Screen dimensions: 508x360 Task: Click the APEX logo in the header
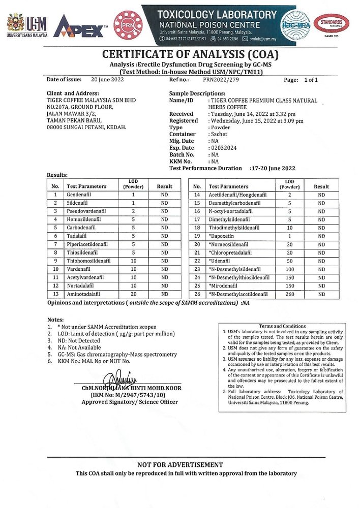(x=80, y=26)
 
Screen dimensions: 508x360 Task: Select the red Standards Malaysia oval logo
(x=331, y=23)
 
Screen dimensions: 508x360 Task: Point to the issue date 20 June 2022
(x=107, y=80)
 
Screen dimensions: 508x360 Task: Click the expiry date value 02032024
(x=223, y=148)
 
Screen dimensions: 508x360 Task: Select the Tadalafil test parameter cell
(x=79, y=236)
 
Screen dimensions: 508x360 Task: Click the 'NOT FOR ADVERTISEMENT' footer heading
(x=180, y=464)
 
